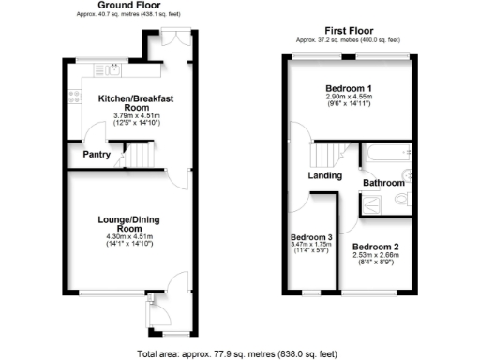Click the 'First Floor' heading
point(347,30)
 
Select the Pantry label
point(97,155)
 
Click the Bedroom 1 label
point(347,86)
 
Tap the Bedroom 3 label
point(311,237)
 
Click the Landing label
point(324,175)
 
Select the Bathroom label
point(382,183)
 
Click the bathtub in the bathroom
point(384,153)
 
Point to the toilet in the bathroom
point(402,200)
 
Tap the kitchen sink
point(109,67)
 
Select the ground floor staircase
point(141,154)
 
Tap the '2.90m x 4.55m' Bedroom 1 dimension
point(347,96)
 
